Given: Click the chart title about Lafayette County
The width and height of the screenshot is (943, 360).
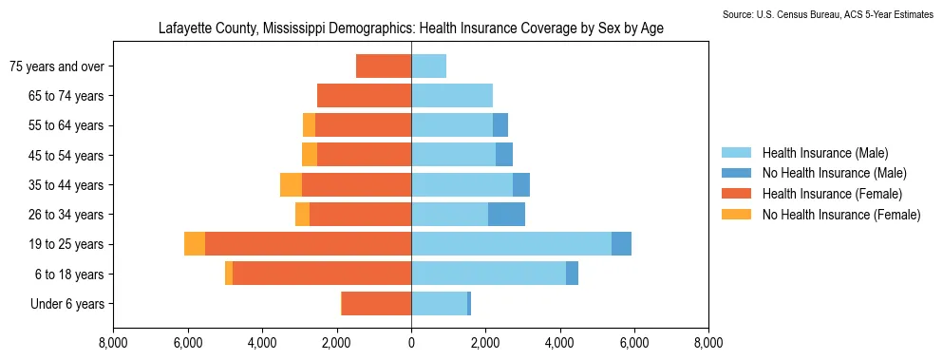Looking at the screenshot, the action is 411,28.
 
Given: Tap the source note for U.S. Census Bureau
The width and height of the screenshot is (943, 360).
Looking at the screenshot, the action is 827,14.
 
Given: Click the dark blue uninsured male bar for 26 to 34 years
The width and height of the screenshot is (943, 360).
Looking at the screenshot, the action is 506,215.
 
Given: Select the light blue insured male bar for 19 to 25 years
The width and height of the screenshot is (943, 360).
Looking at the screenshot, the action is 511,244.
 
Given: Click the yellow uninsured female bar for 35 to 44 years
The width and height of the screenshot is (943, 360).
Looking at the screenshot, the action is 292,185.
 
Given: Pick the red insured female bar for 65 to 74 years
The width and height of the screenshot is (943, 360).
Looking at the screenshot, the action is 365,96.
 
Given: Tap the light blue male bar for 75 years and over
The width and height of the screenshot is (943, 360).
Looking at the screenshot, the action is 429,66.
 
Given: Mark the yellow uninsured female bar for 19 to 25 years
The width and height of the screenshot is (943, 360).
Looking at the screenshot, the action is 195,244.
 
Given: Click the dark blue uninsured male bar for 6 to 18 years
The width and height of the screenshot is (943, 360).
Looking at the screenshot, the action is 572,274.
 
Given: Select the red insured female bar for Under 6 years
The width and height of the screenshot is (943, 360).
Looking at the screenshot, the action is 376,303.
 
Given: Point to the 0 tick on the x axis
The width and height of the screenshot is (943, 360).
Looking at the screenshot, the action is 411,344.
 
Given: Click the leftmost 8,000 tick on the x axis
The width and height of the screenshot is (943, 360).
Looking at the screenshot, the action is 113,344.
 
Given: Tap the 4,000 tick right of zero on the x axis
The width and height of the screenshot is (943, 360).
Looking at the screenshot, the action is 560,344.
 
